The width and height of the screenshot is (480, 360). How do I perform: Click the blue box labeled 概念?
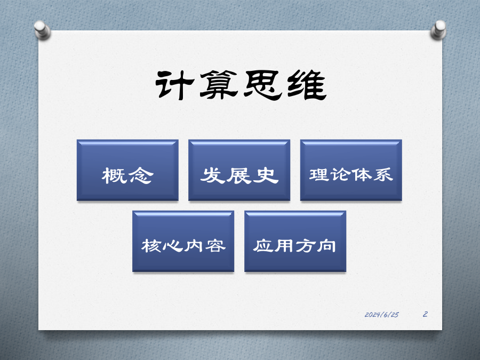pyautogui.click(x=127, y=170)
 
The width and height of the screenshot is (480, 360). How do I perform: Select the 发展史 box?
pyautogui.click(x=239, y=170)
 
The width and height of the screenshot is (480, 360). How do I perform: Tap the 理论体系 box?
pyautogui.click(x=351, y=170)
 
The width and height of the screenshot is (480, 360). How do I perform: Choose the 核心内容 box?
pyautogui.click(x=183, y=241)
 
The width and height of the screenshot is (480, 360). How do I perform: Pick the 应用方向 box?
pyautogui.click(x=295, y=241)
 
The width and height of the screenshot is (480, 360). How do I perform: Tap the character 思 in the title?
pyautogui.click(x=262, y=85)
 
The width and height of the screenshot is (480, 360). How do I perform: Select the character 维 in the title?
pyautogui.click(x=307, y=85)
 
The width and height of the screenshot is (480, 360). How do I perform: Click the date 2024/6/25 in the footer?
pyautogui.click(x=381, y=315)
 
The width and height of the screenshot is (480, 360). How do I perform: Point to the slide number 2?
pyautogui.click(x=425, y=314)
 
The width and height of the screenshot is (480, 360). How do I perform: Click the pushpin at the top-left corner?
pyautogui.click(x=42, y=30)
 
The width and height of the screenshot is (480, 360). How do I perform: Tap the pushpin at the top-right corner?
pyautogui.click(x=438, y=30)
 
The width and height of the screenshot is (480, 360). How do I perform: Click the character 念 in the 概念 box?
pyautogui.click(x=141, y=175)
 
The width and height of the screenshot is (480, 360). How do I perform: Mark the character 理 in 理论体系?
pyautogui.click(x=319, y=175)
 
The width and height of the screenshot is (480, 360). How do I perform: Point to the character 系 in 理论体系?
pyautogui.click(x=383, y=175)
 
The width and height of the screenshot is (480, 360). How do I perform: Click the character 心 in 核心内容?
pyautogui.click(x=172, y=246)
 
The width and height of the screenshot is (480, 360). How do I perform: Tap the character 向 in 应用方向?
pyautogui.click(x=326, y=246)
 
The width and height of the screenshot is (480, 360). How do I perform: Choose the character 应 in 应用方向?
pyautogui.click(x=263, y=246)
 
